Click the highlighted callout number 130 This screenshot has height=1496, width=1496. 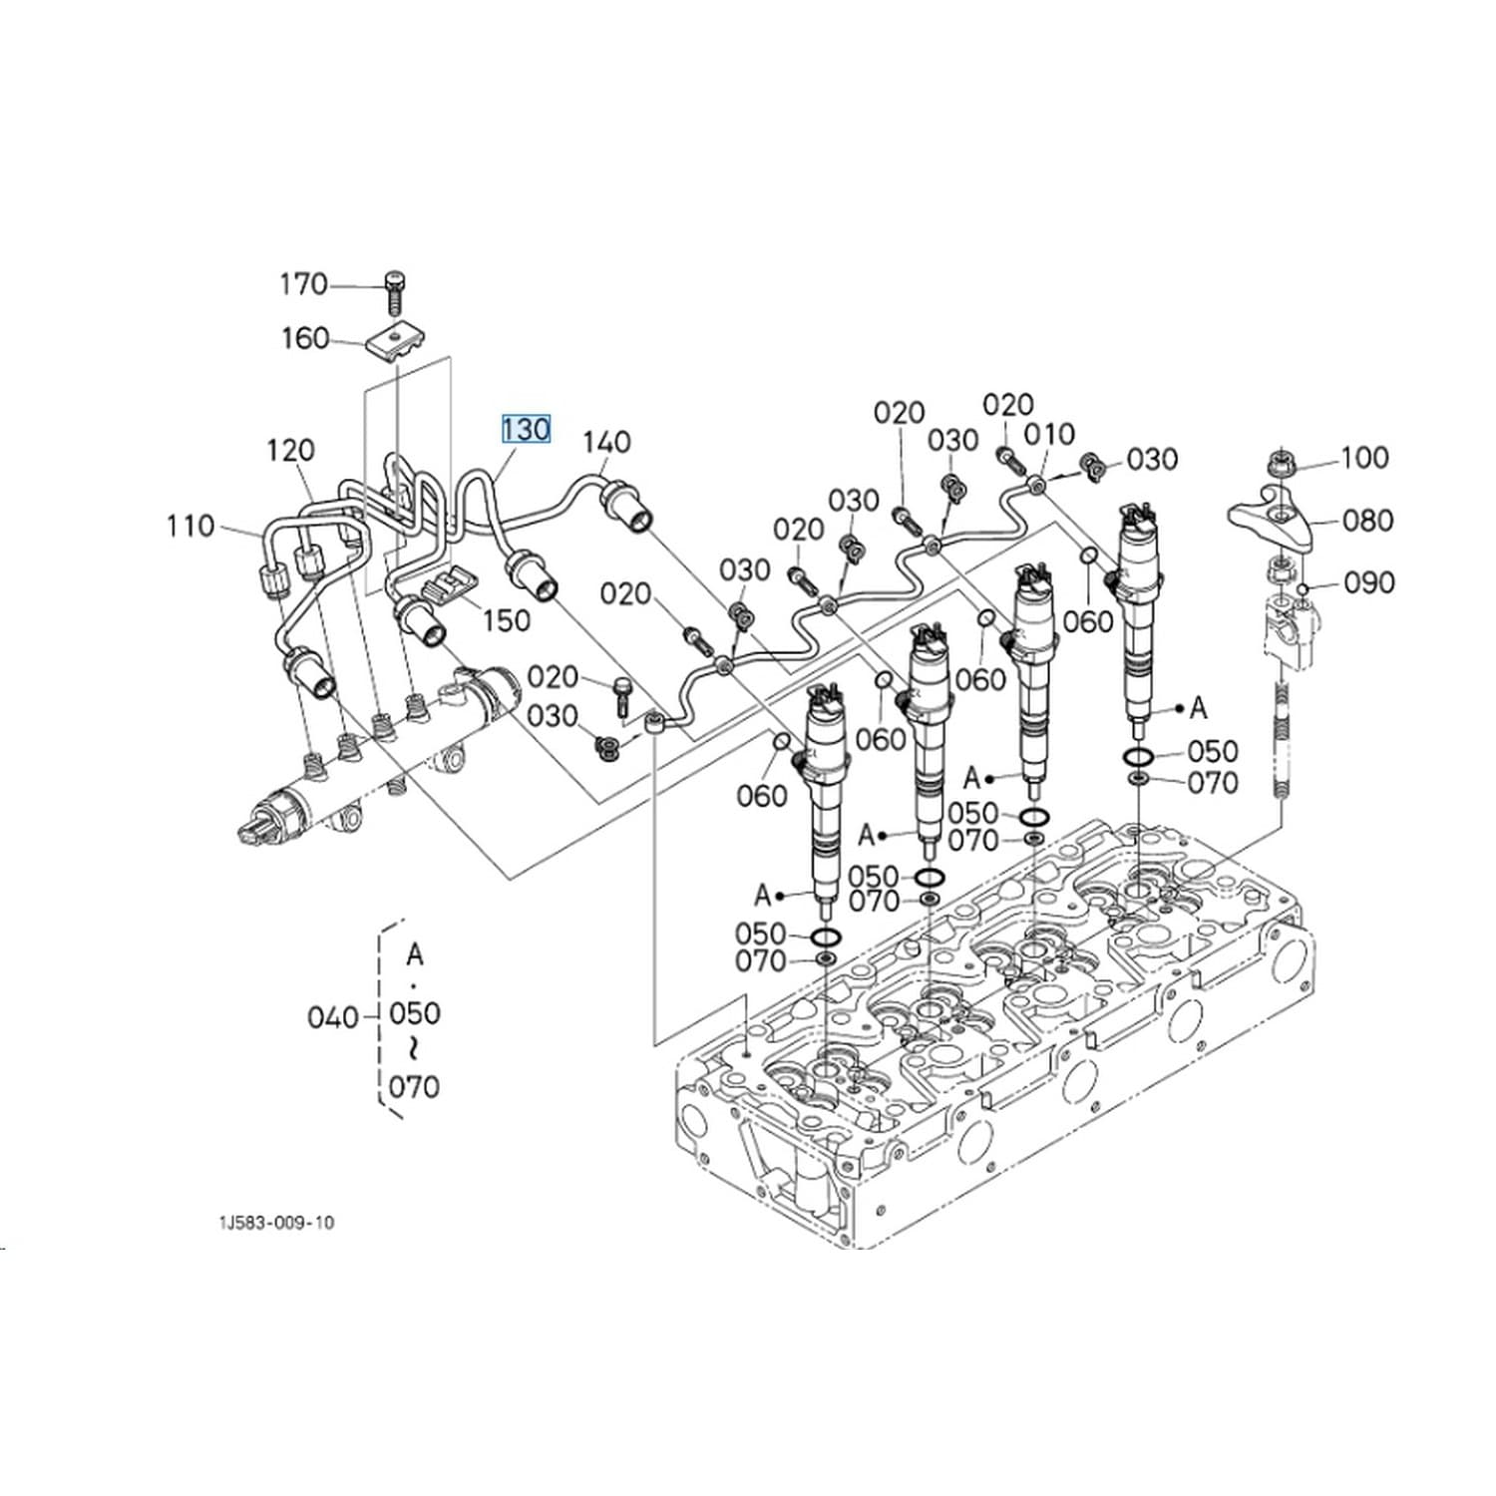coord(526,429)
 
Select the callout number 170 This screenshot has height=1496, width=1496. coord(304,285)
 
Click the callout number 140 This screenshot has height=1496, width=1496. coord(606,442)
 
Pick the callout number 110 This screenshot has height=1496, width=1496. coord(190,526)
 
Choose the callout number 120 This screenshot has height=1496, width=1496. coord(290,451)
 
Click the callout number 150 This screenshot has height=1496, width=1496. coord(506,620)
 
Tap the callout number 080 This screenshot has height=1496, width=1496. coord(1368,521)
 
